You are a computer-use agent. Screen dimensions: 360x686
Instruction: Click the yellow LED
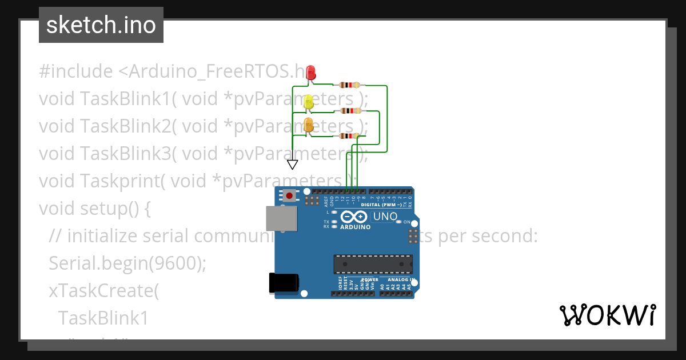click(x=309, y=102)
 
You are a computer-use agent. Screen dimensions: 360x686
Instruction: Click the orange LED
click(x=309, y=126)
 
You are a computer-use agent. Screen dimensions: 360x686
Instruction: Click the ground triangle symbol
click(x=293, y=165)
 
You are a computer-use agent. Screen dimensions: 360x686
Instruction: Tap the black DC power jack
click(x=284, y=283)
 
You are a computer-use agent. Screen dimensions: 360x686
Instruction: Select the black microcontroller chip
click(x=373, y=264)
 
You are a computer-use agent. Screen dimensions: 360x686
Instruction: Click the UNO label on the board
click(x=385, y=217)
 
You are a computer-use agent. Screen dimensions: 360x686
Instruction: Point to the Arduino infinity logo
click(x=354, y=217)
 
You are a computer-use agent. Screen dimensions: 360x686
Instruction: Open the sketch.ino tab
click(x=101, y=25)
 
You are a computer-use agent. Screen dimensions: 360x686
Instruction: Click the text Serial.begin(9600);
click(x=127, y=263)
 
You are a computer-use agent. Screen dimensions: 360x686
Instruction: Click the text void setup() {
click(x=95, y=209)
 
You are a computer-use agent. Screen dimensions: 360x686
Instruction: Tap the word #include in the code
click(x=76, y=71)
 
